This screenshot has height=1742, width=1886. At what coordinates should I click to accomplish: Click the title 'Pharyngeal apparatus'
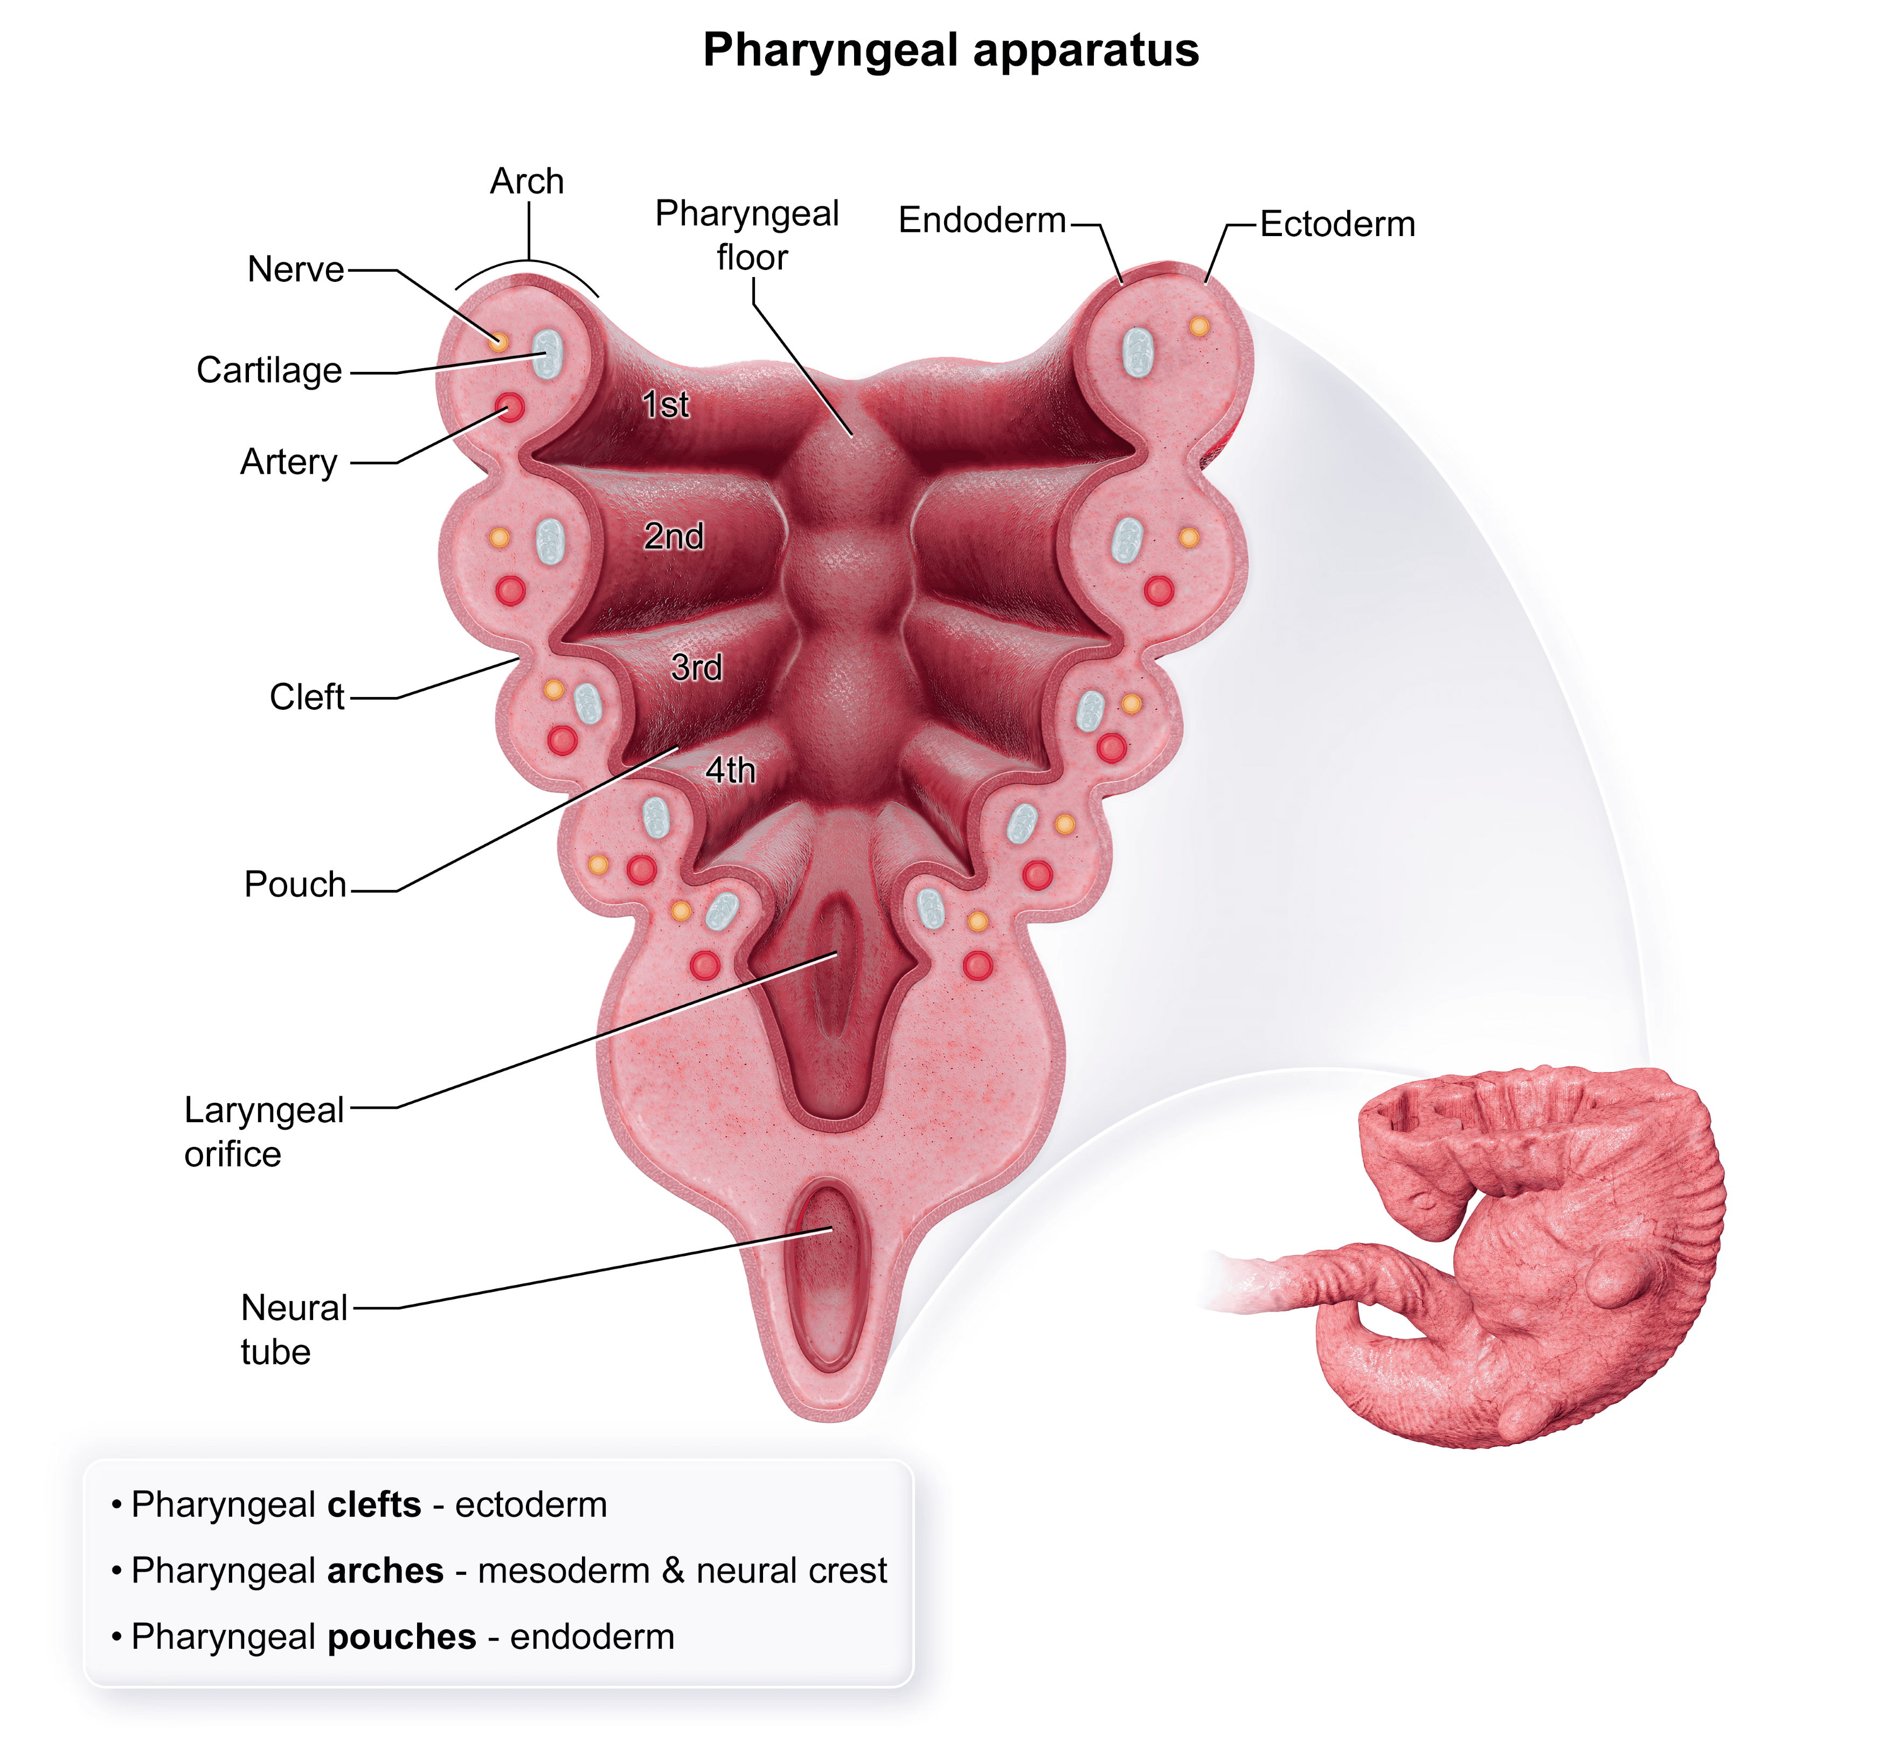click(950, 50)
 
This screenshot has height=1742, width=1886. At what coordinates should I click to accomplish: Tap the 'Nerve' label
click(295, 269)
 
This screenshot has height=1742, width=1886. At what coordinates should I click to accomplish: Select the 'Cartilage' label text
click(269, 370)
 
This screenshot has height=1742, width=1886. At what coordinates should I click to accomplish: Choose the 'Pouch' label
click(295, 884)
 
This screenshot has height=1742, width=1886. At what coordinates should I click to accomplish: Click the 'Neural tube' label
click(293, 1329)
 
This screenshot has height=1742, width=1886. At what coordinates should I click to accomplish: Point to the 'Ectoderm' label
click(1336, 224)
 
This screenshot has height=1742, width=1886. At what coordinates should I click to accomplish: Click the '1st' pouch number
click(665, 404)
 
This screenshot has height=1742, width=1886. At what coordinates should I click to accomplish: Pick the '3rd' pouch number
click(697, 667)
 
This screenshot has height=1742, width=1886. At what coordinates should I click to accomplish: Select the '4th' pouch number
click(731, 770)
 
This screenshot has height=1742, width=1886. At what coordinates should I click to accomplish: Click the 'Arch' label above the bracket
click(527, 181)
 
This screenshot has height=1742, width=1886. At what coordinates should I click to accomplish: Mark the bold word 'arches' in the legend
click(385, 1571)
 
